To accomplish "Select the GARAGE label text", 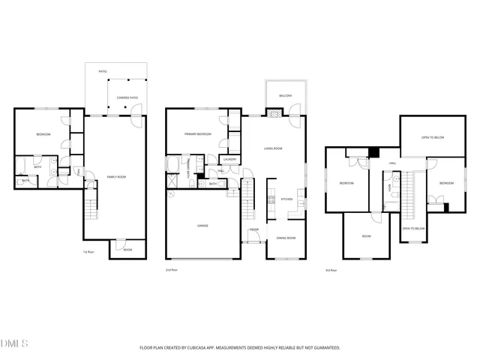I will pos(202,225).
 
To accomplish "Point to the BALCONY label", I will pos(286,96).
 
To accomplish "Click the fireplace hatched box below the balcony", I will pos(275,113).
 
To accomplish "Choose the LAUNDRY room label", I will pos(231,159).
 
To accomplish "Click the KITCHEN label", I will pos(286,199).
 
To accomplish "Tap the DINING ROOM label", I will pos(286,238).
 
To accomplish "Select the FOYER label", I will pos(254,229).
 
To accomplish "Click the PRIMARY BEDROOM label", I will pos(198,134).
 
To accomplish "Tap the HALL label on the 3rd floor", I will pos(391,163).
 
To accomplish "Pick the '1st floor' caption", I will pos(88,252).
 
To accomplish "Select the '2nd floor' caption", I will pos(172,269).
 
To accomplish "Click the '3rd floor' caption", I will pos(330,270).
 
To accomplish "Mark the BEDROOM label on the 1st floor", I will pos(43,135).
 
